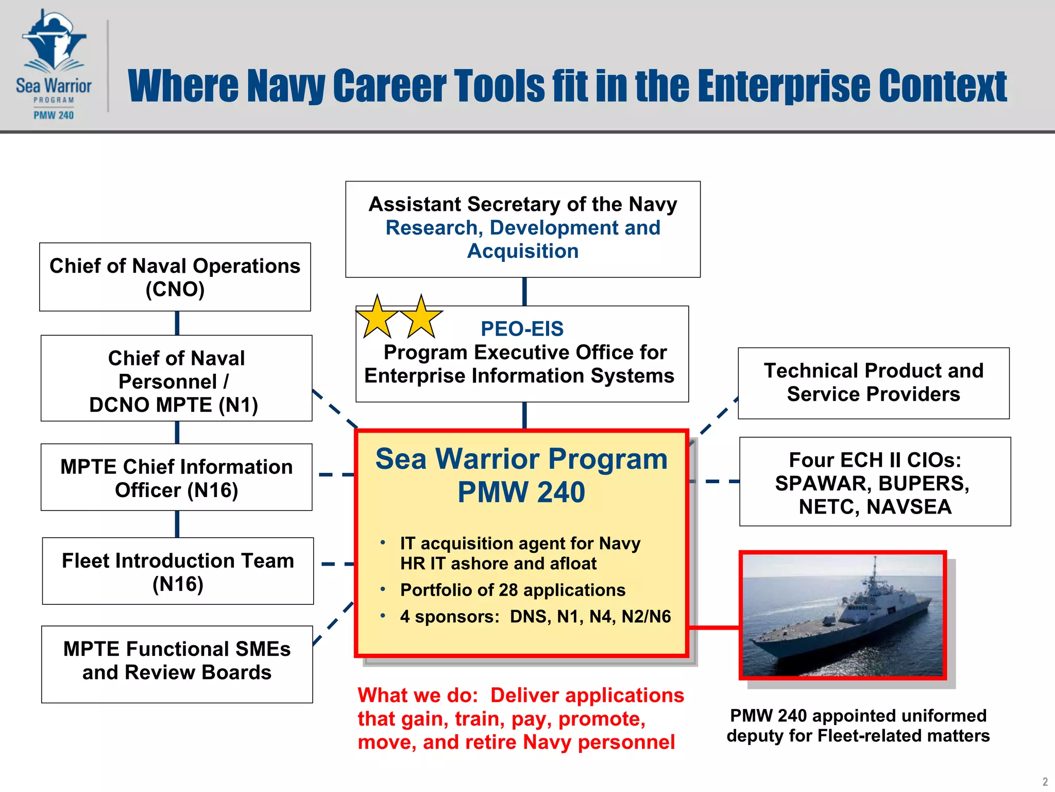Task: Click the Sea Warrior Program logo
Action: click(54, 65)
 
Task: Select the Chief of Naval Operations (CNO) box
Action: click(175, 277)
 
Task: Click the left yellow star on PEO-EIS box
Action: click(377, 318)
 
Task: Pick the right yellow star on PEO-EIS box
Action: click(421, 318)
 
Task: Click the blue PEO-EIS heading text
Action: click(521, 328)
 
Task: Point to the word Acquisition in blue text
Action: click(522, 251)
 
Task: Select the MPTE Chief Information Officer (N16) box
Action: click(176, 477)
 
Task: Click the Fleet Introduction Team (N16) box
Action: click(178, 571)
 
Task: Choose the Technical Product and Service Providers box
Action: click(873, 383)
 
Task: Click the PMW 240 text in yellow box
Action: click(521, 492)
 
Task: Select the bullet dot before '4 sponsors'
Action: click(383, 616)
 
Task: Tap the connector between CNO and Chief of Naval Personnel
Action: click(177, 323)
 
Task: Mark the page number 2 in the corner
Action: click(1045, 782)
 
